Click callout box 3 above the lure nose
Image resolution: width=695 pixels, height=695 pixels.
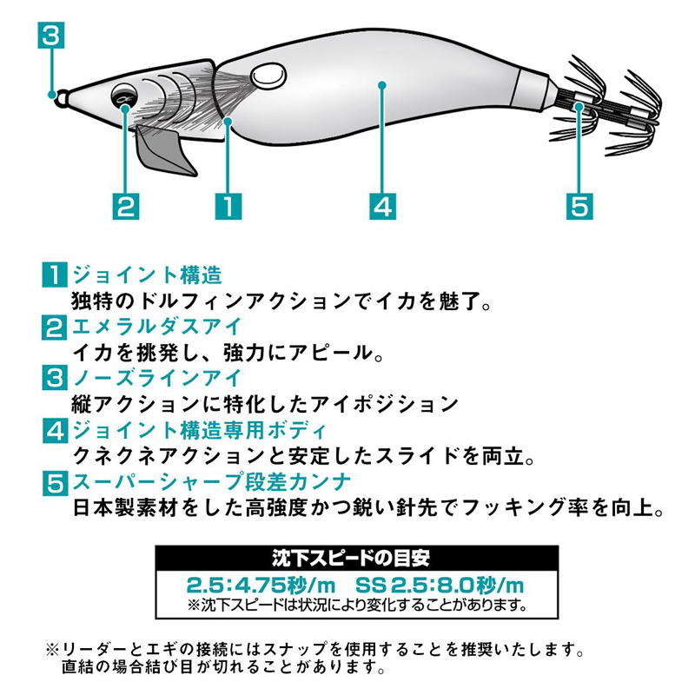51,35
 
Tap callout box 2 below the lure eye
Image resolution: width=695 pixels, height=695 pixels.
126,206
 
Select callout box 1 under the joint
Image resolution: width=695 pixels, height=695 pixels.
228,206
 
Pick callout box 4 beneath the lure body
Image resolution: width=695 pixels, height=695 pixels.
382,206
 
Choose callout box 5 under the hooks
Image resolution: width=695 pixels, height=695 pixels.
579,206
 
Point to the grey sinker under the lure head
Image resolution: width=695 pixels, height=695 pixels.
165,149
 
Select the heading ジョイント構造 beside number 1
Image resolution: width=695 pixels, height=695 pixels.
147,275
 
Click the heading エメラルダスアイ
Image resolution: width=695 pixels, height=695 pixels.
157,327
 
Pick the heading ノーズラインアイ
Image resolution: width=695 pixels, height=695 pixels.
157,378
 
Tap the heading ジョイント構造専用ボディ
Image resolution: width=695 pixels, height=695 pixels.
200,430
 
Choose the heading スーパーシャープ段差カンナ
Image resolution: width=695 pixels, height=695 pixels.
212,482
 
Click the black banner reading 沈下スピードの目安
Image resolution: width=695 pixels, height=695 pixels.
357,558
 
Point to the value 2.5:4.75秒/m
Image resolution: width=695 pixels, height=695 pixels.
261,585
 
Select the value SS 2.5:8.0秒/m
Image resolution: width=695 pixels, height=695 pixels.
440,585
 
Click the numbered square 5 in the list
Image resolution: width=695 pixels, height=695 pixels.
55,483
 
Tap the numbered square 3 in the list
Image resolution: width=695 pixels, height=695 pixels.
55,378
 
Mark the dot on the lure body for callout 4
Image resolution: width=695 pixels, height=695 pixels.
382,84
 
